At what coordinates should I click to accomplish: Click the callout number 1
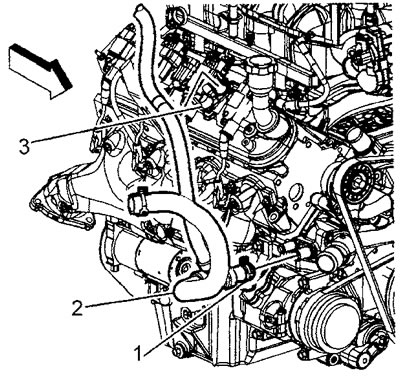[140, 353]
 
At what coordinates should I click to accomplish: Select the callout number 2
[77, 309]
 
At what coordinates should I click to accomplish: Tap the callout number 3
[24, 147]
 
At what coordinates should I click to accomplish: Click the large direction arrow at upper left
[40, 71]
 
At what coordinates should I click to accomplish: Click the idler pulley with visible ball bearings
[359, 183]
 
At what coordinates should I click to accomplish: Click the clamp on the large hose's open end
[137, 203]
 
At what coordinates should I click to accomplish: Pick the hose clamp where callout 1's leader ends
[243, 269]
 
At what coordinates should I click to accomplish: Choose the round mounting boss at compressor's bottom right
[366, 356]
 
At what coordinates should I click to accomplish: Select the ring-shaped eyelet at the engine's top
[177, 14]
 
